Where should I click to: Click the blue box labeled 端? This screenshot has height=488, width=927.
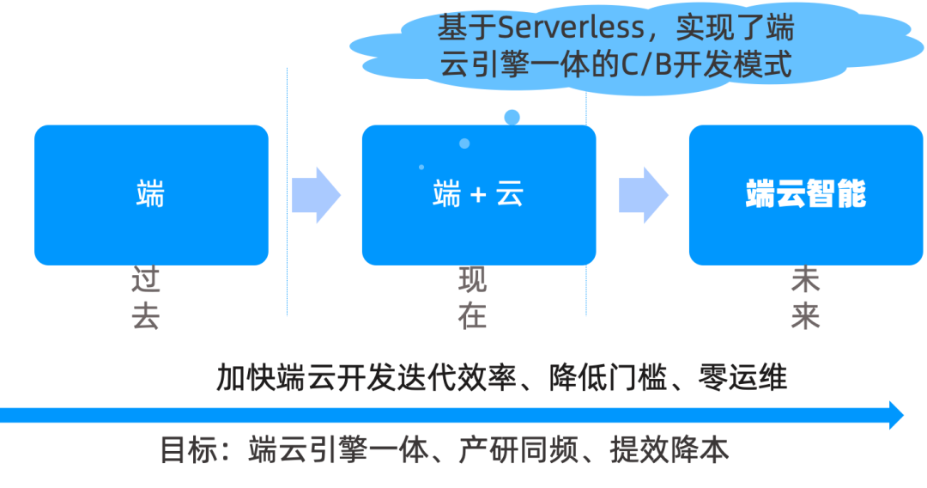coord(151,195)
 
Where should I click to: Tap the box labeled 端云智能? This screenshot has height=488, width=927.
coord(805,195)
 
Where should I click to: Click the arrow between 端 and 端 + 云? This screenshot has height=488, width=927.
coord(315,195)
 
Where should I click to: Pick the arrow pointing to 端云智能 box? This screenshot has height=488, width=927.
coord(643,195)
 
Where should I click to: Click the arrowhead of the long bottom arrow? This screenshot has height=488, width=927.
coord(896,415)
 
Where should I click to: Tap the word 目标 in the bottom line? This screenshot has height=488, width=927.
coord(187,450)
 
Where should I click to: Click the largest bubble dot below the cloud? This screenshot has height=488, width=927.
coord(512,117)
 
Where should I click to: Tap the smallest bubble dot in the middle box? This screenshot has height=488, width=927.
coord(421,167)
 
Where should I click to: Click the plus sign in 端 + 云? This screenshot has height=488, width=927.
coord(478,196)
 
